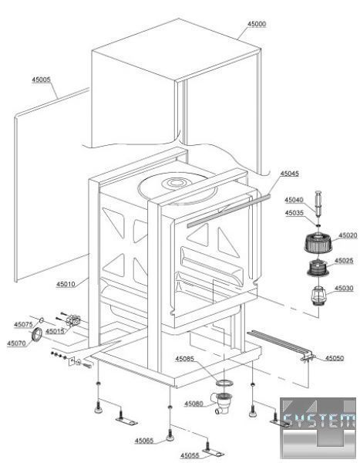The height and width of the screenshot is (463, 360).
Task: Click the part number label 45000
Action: pyautogui.click(x=257, y=24)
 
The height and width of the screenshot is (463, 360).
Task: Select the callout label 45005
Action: pyautogui.click(x=41, y=79)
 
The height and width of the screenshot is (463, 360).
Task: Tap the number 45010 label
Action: pyautogui.click(x=66, y=284)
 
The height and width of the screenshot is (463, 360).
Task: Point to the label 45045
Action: pyautogui.click(x=289, y=174)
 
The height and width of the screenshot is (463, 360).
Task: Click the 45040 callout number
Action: pyautogui.click(x=294, y=200)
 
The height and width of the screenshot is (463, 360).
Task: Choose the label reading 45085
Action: pyautogui.click(x=185, y=359)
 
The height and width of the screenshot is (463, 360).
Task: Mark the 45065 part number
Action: pyautogui.click(x=144, y=441)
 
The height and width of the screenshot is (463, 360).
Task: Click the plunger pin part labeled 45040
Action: pyautogui.click(x=318, y=204)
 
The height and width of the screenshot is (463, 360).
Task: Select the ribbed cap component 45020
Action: pyautogui.click(x=318, y=243)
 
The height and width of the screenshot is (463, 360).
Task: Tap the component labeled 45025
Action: pyautogui.click(x=318, y=268)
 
